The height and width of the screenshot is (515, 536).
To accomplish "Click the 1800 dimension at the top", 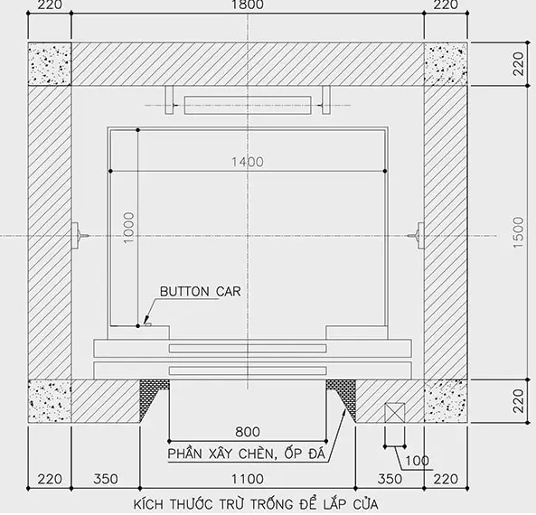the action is [x=248, y=5].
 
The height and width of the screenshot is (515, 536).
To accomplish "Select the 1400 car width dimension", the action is [x=248, y=162].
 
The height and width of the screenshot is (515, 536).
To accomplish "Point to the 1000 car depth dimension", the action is [x=129, y=228].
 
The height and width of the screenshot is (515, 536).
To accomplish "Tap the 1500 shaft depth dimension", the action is [x=518, y=232].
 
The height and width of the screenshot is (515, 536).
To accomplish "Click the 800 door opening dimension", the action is [x=248, y=432].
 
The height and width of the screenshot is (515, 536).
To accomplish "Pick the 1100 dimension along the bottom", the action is [x=248, y=479].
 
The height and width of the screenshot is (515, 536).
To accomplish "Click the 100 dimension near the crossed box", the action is [x=417, y=461].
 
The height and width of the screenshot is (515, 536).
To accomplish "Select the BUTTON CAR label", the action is [x=201, y=292].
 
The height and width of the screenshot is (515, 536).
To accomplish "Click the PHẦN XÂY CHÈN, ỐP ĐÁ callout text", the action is [x=246, y=454].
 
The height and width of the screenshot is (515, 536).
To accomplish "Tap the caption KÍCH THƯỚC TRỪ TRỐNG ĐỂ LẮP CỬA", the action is [x=256, y=504].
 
